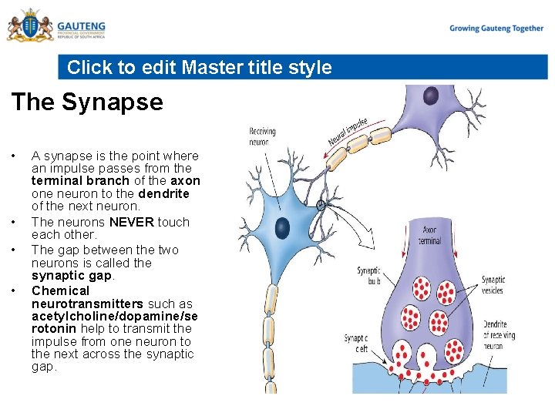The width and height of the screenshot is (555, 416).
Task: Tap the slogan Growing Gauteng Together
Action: (x=496, y=29)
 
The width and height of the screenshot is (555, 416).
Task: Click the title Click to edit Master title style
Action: (x=199, y=67)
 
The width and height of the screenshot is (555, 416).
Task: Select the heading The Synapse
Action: (x=87, y=102)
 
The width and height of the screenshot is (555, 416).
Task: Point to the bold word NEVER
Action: (x=132, y=222)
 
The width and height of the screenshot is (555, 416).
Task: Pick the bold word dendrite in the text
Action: (x=163, y=193)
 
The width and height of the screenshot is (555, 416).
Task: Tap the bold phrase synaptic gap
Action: (x=72, y=275)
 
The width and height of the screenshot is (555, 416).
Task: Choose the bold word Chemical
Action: (x=60, y=290)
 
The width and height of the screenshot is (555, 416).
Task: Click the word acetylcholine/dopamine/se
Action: (x=115, y=316)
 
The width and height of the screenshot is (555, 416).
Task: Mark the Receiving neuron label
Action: (x=261, y=136)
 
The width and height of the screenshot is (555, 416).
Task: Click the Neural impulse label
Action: (x=348, y=131)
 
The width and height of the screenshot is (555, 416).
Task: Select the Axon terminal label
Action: (x=429, y=235)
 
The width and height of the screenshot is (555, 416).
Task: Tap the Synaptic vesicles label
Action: (x=493, y=284)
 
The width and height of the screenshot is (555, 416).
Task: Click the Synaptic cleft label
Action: (x=355, y=343)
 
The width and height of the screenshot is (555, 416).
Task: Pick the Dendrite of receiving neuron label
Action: (x=495, y=335)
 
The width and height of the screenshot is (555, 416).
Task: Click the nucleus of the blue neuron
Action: (x=283, y=227)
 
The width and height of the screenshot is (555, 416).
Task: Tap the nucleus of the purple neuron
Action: (x=430, y=96)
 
